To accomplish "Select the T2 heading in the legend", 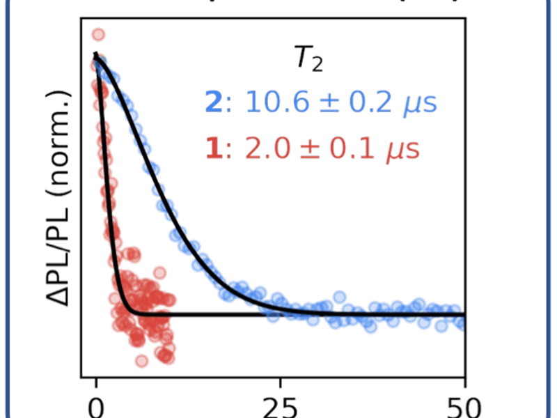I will pos(307,62).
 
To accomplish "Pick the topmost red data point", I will pos(98,33).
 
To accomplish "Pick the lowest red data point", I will pos(141,361).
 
